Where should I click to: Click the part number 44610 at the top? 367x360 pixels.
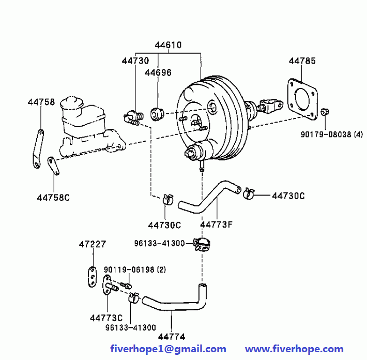point(168,44)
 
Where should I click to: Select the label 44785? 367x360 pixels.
point(302,61)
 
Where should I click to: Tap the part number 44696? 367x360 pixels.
point(158,72)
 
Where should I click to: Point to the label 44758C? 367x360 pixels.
point(53,197)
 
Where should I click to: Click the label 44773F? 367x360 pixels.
point(216,224)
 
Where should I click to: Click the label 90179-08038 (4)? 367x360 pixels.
point(332,134)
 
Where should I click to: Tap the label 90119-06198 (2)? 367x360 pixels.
point(134,270)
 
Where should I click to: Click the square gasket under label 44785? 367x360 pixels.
point(302,96)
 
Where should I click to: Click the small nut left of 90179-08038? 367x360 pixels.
point(325,112)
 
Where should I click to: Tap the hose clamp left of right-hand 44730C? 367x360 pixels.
point(248,193)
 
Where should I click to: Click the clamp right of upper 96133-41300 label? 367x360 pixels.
point(202,243)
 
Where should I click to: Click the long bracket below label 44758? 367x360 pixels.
point(37,149)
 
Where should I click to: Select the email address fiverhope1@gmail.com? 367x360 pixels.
point(168,349)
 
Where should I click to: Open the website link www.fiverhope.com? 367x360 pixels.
point(294,349)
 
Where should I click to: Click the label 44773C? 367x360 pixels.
point(106,318)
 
